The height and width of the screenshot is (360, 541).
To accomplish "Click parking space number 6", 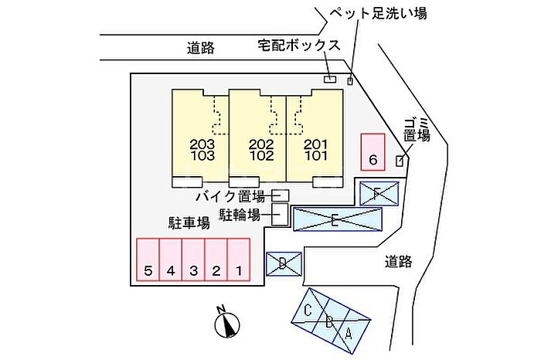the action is tap(373, 152).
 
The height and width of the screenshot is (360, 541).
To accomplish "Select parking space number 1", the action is tap(239, 260).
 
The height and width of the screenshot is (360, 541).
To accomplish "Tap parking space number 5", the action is tap(148, 260).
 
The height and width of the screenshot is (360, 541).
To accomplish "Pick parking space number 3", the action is tap(193, 260).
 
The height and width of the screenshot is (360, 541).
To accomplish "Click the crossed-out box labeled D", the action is tap(284, 264).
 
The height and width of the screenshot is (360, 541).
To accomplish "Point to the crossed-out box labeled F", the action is tap(379, 193).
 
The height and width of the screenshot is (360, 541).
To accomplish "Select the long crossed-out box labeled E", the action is tap(338, 219).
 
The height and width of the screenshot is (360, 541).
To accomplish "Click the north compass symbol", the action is tap(226, 323).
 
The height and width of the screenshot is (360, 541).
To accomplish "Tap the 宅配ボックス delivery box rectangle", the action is tap(330, 79).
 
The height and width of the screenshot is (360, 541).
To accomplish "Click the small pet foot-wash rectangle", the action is tap(350, 81).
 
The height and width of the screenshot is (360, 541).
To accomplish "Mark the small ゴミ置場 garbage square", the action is tap(400, 161).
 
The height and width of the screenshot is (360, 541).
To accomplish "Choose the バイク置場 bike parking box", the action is tap(280, 195).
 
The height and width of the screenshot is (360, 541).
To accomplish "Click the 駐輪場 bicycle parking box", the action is tap(280, 215).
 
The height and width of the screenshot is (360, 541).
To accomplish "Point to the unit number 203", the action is tap(202, 144).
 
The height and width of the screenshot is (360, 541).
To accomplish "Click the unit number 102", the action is tap(261, 156).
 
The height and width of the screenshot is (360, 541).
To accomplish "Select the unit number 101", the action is tap(315, 156).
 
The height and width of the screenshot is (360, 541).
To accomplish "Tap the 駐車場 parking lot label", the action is tap(189, 223).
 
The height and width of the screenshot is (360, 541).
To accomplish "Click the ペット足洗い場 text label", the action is tap(379, 13).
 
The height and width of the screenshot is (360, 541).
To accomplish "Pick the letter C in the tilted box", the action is tap(308, 311).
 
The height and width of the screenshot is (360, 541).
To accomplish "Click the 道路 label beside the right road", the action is tap(399, 262).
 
